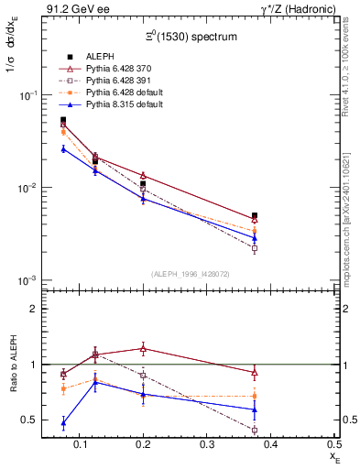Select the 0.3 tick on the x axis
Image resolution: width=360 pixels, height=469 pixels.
pos(240,444)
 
